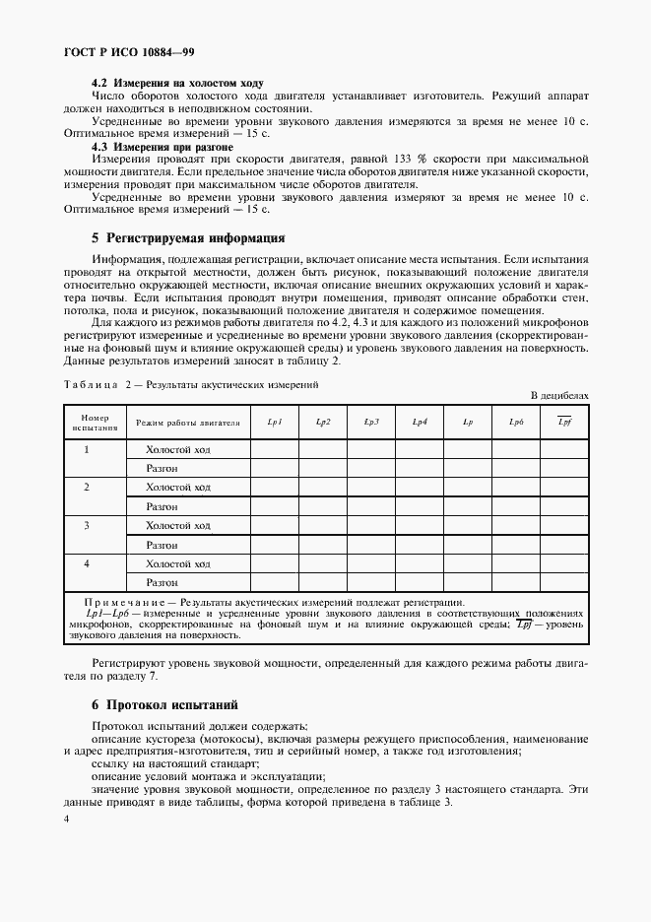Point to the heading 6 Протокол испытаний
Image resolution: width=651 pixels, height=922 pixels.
[163, 705]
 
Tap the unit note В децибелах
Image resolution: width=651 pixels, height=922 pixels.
[558, 395]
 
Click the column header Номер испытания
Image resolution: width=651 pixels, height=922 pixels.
[87, 423]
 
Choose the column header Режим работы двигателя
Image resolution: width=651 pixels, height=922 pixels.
[187, 423]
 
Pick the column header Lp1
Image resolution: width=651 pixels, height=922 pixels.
[275, 423]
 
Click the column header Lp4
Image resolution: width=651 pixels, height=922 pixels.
[419, 423]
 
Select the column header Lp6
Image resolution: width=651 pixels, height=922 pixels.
[515, 423]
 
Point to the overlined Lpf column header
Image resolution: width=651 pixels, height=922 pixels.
[564, 423]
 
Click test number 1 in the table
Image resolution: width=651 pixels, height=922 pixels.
[87, 449]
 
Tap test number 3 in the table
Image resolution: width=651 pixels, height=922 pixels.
[87, 526]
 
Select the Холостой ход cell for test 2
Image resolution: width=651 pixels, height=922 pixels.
[178, 488]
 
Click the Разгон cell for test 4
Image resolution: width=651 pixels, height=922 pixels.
[162, 583]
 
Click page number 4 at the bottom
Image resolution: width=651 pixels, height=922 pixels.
[66, 819]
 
